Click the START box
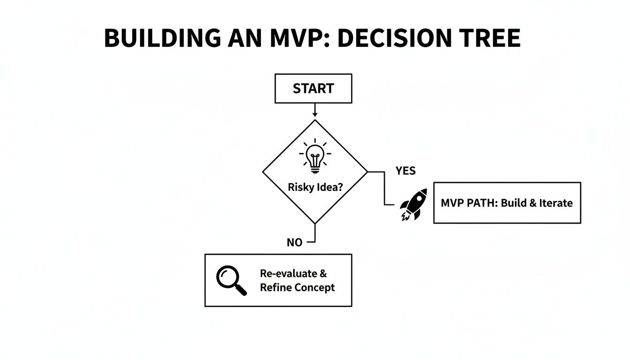[313, 89]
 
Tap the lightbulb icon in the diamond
[315, 156]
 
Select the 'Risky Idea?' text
[315, 187]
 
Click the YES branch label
[405, 171]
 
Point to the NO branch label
[294, 243]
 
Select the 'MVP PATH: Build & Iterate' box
[507, 203]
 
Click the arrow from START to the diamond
[315, 110]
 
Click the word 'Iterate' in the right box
[555, 203]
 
